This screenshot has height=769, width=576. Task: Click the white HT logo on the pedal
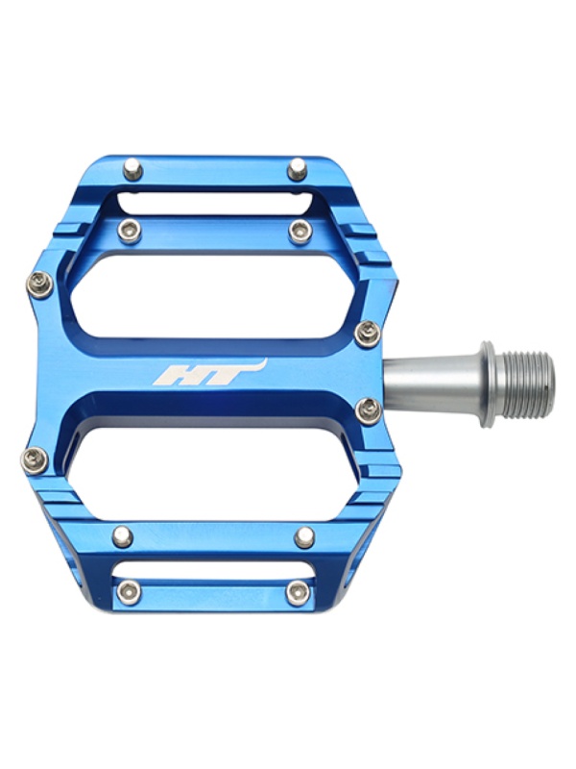pos(210,372)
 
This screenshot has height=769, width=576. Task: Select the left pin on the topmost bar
pos(132,170)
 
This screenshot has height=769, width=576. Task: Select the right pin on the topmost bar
pos(297,169)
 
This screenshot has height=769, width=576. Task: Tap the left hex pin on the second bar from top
pos(130,231)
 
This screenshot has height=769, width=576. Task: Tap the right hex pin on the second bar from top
pos(300,231)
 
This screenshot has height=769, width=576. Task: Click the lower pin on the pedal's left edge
pos(35,459)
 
